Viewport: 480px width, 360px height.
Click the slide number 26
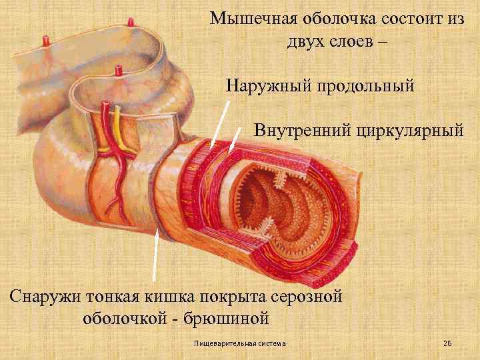click(x=447, y=343)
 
